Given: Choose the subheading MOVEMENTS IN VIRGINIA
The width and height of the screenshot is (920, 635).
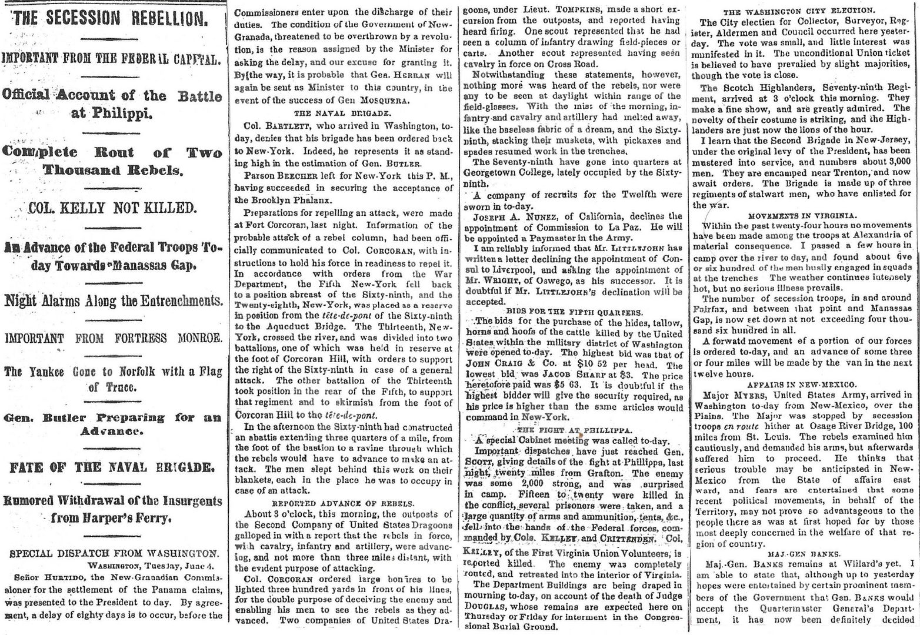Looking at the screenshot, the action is point(802,216).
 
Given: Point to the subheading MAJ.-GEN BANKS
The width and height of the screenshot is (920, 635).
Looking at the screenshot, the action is point(802,553).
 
